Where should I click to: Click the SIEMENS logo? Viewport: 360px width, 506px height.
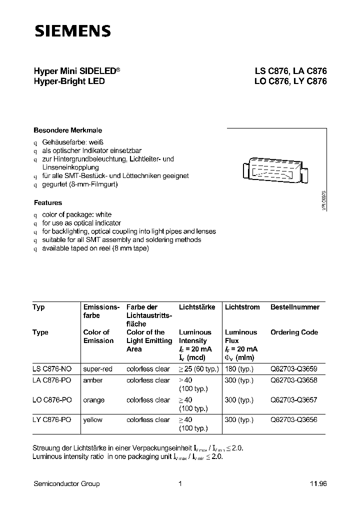click(x=72, y=31)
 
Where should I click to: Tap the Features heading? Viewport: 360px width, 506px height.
click(x=48, y=203)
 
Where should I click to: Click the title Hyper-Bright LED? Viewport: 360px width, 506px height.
click(x=69, y=81)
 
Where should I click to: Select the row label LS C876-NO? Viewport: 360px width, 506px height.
click(x=52, y=369)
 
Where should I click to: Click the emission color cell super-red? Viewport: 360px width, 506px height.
click(x=97, y=369)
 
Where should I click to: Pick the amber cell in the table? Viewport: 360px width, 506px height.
click(x=93, y=380)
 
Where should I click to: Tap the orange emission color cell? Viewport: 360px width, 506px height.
click(x=94, y=400)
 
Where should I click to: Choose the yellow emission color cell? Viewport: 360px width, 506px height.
click(x=93, y=420)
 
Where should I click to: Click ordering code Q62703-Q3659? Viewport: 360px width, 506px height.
click(x=293, y=369)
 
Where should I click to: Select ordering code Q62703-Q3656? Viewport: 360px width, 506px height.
click(x=293, y=420)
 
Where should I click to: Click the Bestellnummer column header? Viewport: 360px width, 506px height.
click(x=294, y=307)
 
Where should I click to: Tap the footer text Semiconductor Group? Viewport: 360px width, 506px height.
click(x=66, y=483)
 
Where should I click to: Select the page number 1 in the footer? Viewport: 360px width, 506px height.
click(x=179, y=483)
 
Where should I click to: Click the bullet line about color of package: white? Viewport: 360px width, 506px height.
click(x=76, y=214)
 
